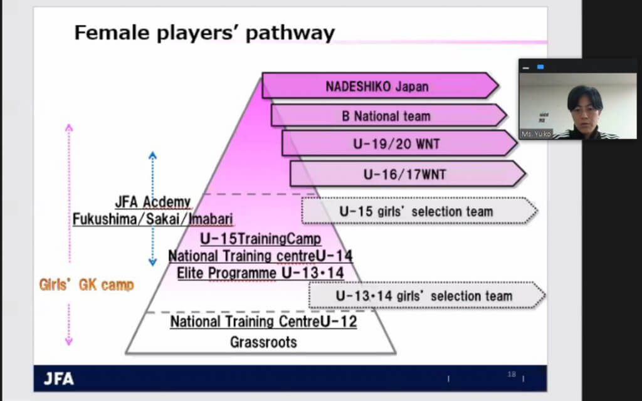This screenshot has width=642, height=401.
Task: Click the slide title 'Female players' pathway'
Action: [204, 33]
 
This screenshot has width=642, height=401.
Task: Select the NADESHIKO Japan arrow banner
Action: [380, 86]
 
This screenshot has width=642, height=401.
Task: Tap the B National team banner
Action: [389, 115]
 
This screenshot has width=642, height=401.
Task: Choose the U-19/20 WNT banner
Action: [399, 143]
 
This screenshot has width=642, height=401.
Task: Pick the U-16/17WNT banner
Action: [408, 174]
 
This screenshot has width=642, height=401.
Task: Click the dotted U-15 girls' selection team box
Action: [419, 211]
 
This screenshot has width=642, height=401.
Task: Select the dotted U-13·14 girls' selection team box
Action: [426, 296]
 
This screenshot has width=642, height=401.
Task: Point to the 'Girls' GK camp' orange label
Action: [87, 285]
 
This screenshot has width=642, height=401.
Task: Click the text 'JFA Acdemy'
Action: [153, 202]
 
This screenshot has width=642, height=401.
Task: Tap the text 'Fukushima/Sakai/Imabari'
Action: [153, 219]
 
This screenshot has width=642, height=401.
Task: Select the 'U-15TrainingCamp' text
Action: [260, 239]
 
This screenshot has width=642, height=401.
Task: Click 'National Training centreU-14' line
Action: [260, 256]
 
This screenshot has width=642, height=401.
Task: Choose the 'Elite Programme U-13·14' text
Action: [260, 273]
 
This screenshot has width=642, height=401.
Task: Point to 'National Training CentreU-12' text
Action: [264, 321]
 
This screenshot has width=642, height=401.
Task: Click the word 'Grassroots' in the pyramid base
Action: [264, 342]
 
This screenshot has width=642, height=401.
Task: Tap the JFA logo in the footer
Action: [59, 379]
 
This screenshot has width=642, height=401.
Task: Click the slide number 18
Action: [512, 375]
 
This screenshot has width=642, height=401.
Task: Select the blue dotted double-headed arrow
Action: [153, 209]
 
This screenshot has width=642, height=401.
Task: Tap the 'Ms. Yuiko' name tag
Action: [537, 134]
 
